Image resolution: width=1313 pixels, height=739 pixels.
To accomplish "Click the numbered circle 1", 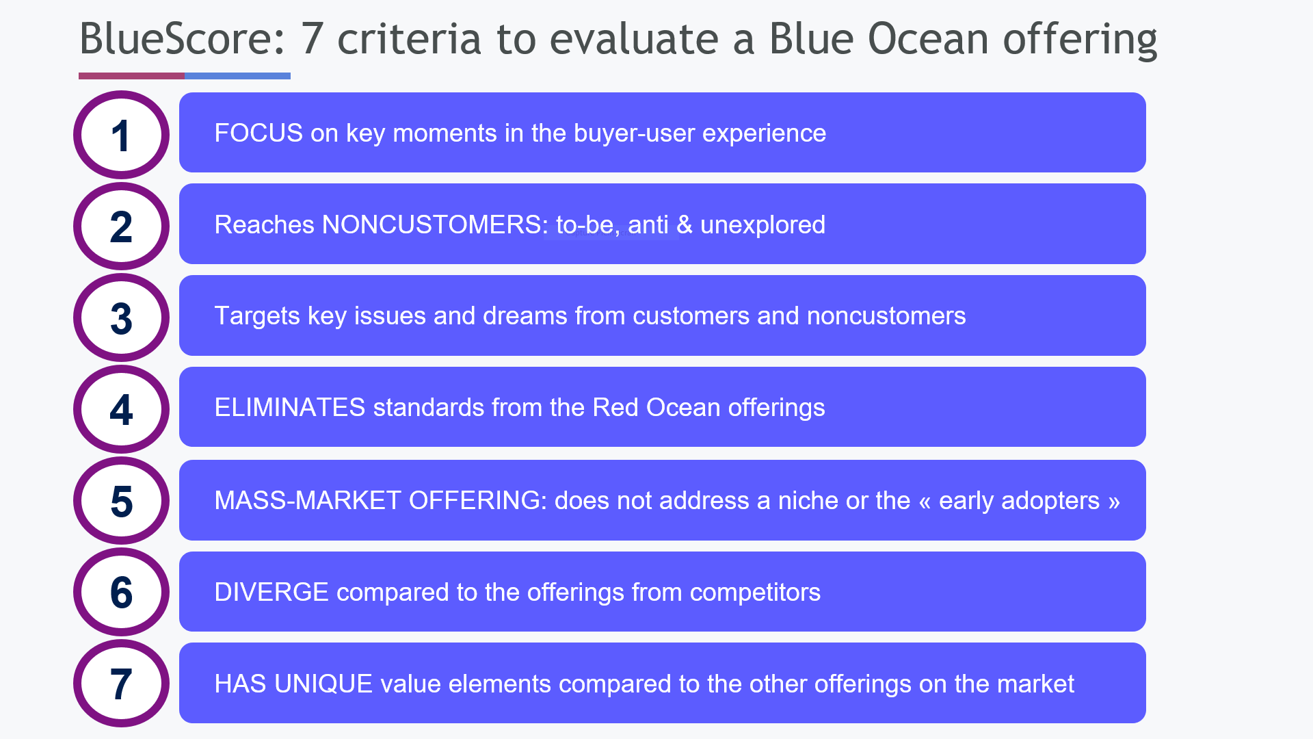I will pos(121,135).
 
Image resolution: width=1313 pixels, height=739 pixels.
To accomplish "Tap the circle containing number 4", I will pos(121,409).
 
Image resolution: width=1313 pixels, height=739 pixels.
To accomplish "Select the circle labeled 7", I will pos(121,684).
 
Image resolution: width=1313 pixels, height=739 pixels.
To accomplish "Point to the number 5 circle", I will pos(121,501).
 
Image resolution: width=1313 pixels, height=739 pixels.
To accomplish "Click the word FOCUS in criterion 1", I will pos(258,133).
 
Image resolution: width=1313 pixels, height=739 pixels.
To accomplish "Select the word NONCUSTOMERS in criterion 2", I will pos(434,225).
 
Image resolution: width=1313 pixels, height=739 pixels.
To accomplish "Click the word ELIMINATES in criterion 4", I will pos(290,408).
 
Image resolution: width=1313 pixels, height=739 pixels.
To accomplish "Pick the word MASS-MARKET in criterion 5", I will pos(307,501).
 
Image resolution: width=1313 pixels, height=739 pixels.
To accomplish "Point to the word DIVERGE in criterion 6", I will pos(271,593).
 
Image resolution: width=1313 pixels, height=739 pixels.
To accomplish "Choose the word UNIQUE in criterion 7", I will pos(323,684).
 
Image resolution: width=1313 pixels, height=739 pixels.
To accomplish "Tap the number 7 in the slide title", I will pos(312,39).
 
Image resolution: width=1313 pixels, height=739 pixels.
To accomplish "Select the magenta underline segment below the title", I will pos(131,76).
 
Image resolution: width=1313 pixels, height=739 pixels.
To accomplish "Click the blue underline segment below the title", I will pos(237,76).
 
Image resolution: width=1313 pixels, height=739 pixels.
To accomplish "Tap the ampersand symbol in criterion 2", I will pos(685,225).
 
